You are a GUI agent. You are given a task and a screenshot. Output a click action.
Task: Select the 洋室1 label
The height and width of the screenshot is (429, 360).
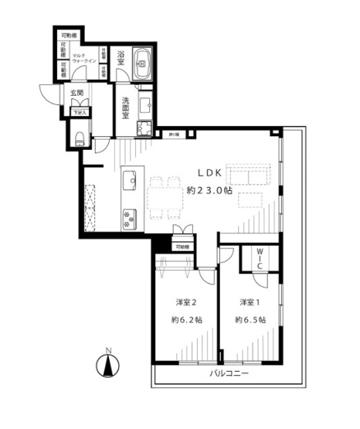click(248, 301)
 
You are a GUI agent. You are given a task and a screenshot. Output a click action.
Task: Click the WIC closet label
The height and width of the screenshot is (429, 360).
click(260, 257)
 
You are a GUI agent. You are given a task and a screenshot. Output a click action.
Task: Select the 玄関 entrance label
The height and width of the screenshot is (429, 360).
click(76, 93)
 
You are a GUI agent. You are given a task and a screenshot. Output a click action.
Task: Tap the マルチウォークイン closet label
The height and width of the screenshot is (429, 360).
click(83, 59)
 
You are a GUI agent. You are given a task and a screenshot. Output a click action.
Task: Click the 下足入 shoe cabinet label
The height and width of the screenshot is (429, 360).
click(80, 112)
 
